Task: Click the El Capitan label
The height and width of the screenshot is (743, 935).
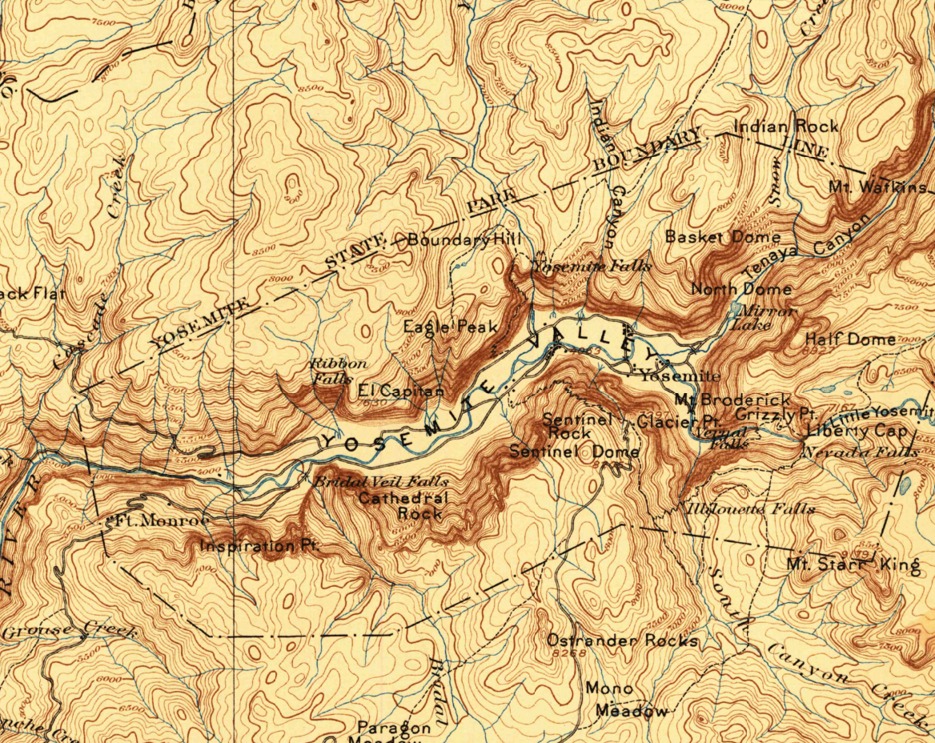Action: [400, 392]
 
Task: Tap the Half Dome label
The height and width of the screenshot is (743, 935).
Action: [850, 339]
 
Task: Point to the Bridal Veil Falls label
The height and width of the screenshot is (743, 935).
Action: [379, 482]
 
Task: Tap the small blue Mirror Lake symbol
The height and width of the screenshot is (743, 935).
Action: [736, 307]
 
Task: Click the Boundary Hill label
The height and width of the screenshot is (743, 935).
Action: [464, 239]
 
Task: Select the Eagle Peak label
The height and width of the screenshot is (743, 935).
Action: [450, 327]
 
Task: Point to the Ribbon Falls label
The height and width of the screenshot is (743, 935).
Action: [338, 371]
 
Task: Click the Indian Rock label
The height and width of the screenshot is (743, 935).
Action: [786, 127]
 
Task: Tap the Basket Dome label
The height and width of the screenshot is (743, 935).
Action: [722, 237]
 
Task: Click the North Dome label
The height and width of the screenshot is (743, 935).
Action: [741, 289]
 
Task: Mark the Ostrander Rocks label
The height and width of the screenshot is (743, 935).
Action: [622, 641]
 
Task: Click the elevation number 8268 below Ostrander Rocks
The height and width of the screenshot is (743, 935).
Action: [569, 654]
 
